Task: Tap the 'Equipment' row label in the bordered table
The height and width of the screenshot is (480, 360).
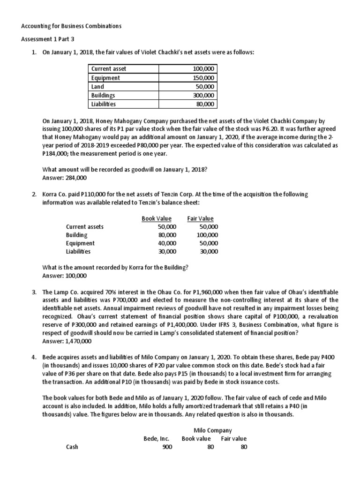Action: tap(105, 78)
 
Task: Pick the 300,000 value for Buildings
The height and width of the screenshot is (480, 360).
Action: tap(203, 95)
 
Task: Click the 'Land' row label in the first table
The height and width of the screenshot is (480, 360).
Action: tap(98, 87)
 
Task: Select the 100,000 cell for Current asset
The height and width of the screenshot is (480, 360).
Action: tap(203, 69)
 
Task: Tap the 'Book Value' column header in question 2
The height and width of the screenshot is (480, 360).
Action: tap(157, 218)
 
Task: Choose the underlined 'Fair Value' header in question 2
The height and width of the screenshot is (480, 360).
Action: tap(200, 218)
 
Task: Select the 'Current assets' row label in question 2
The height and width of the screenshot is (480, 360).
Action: tap(85, 226)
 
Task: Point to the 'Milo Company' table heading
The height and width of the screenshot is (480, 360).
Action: tap(213, 430)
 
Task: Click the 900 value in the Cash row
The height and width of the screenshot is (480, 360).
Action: tap(167, 447)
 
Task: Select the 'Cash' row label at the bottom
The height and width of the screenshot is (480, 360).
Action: tap(72, 447)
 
